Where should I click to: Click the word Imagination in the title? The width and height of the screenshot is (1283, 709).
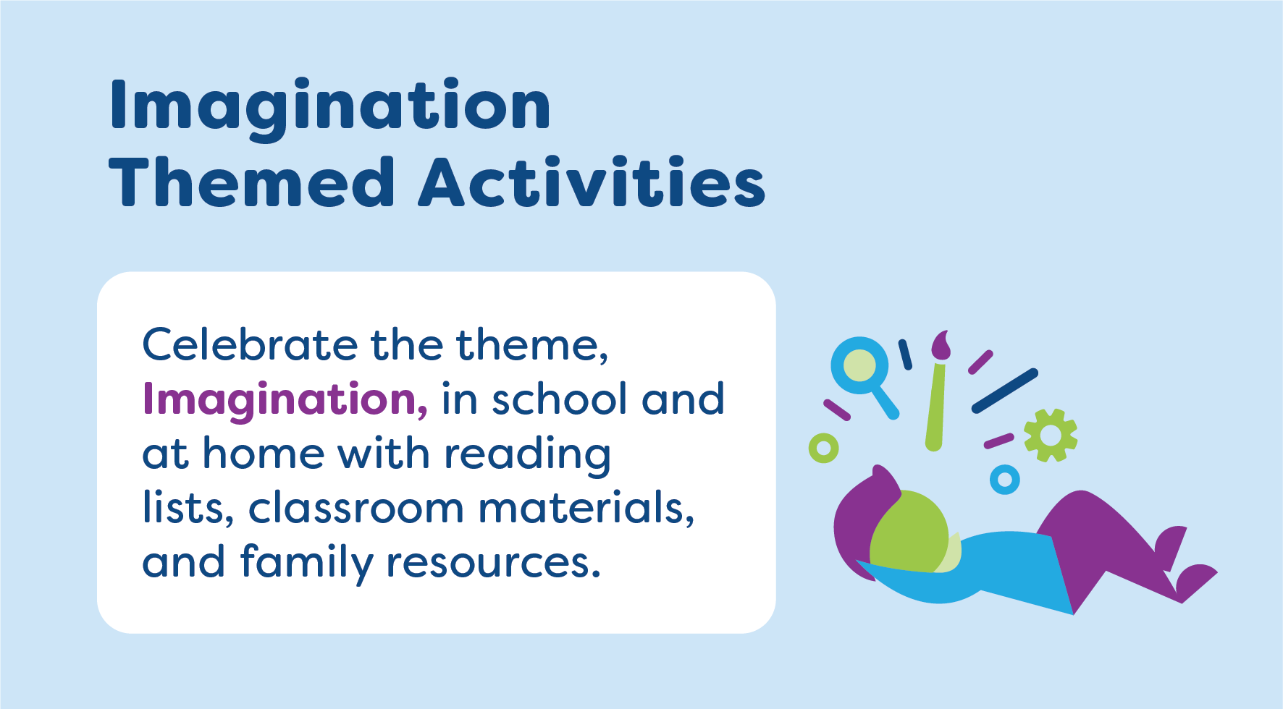point(330,106)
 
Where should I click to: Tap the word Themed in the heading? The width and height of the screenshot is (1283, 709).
point(251,182)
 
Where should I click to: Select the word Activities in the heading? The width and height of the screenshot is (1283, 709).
point(592,182)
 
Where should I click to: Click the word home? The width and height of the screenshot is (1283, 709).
point(263,454)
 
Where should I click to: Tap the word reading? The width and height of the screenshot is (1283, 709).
point(527,455)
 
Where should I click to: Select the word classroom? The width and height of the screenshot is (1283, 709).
point(356,508)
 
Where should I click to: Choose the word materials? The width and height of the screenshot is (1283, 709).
point(585,508)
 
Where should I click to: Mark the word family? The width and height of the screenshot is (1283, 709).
point(306,563)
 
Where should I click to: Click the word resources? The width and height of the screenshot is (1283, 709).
point(492,563)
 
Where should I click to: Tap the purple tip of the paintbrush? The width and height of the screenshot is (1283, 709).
point(941,345)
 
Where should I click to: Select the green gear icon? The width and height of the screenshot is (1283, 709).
point(1050,436)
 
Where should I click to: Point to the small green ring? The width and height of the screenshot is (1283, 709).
point(823,449)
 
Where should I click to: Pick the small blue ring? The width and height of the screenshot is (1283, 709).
point(1004,479)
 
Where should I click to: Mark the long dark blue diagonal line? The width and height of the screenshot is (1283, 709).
point(1004,391)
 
